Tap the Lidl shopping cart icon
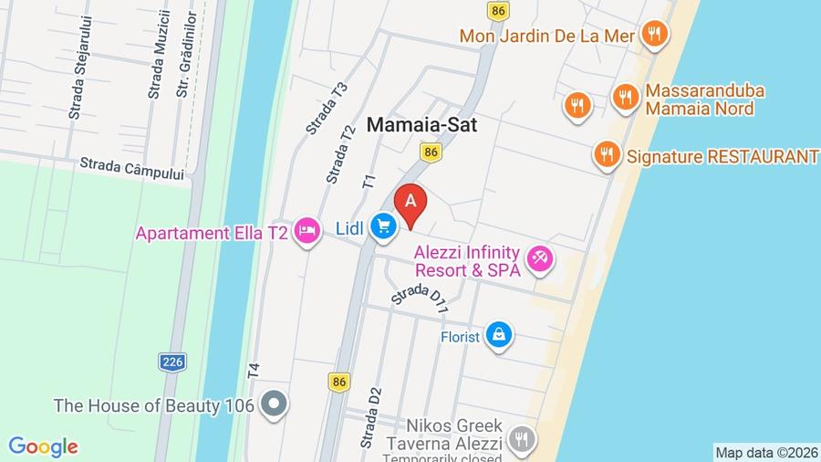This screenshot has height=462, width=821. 383,226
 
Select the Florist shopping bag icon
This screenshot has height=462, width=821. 498,336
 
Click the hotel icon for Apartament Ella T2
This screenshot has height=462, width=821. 307,232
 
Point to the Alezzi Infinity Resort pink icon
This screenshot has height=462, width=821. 540,259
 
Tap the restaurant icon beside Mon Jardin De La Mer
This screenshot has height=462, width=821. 652,36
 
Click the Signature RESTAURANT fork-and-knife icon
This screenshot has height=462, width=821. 607,156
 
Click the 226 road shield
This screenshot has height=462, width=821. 171,362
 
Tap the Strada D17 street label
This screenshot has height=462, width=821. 421,299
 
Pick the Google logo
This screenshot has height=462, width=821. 43,447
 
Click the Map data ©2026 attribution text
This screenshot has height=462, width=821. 765,452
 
